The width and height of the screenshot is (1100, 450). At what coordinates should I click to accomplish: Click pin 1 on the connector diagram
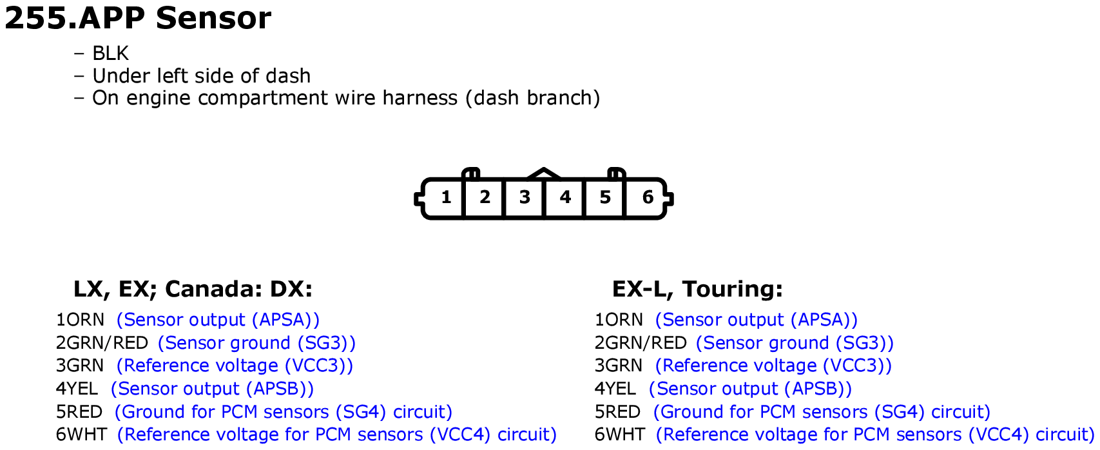[445, 197]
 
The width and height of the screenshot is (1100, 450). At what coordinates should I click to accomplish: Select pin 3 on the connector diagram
[525, 197]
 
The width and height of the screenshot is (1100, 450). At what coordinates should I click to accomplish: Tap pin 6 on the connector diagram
[647, 197]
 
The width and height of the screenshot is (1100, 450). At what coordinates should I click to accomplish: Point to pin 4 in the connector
[565, 197]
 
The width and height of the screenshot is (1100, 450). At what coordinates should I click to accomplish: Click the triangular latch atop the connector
[545, 173]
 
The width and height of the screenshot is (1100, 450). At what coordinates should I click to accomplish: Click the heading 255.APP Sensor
[138, 18]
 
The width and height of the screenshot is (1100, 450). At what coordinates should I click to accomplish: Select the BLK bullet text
[110, 54]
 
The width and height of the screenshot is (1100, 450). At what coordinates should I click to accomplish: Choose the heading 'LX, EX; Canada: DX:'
[193, 289]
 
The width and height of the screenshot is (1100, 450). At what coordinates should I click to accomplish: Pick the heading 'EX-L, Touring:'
[697, 289]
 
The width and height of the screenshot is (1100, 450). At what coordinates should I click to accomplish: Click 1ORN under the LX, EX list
[80, 320]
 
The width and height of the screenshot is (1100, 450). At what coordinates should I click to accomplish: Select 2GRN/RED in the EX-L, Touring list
[641, 343]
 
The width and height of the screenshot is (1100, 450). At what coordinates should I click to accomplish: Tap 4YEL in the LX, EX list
[77, 389]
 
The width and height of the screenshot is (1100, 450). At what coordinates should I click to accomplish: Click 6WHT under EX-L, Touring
[619, 435]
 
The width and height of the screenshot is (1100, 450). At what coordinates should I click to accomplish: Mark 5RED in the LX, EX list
[79, 412]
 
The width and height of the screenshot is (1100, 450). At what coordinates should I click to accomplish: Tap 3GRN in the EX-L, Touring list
[618, 366]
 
